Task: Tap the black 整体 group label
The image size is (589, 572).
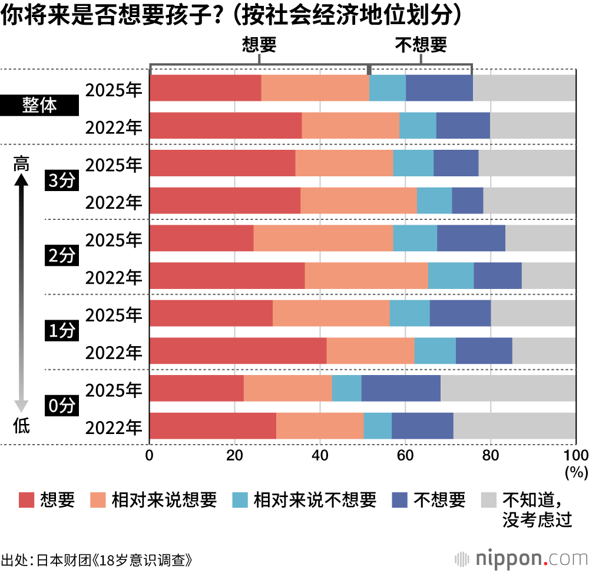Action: pyautogui.click(x=39, y=107)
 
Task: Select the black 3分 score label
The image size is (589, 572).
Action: pyautogui.click(x=62, y=182)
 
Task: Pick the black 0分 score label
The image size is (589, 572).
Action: pyautogui.click(x=62, y=406)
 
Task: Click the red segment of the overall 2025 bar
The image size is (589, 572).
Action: pyautogui.click(x=205, y=88)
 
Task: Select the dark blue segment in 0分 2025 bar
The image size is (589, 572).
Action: pyautogui.click(x=401, y=389)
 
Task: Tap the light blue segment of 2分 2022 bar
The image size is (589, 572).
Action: pyautogui.click(x=451, y=276)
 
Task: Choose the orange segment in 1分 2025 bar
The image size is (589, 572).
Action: pyautogui.click(x=331, y=313)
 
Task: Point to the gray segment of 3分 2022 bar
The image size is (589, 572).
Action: pyautogui.click(x=529, y=201)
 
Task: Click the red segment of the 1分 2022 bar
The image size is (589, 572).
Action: pyautogui.click(x=238, y=351)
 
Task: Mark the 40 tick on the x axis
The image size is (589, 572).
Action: pyautogui.click(x=320, y=456)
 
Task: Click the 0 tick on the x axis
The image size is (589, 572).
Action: pyautogui.click(x=150, y=456)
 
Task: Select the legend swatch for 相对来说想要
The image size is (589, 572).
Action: pyautogui.click(x=98, y=500)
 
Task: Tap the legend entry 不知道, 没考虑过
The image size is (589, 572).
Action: pyautogui.click(x=536, y=509)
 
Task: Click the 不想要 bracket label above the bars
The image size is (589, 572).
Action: pyautogui.click(x=421, y=45)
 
